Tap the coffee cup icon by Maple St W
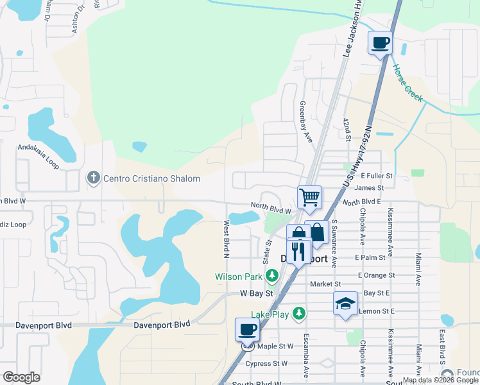pyautogui.click(x=247, y=330)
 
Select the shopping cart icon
pyautogui.click(x=309, y=197)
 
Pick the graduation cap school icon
pyautogui.click(x=345, y=303)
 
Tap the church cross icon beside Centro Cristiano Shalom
pyautogui.click(x=93, y=178)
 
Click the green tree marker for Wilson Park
pyautogui.click(x=273, y=277)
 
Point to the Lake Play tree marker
pyautogui.click(x=298, y=314)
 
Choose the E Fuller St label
pyautogui.click(x=376, y=175)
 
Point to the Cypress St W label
pyautogui.click(x=266, y=363)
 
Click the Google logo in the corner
pyautogui.click(x=21, y=377)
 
